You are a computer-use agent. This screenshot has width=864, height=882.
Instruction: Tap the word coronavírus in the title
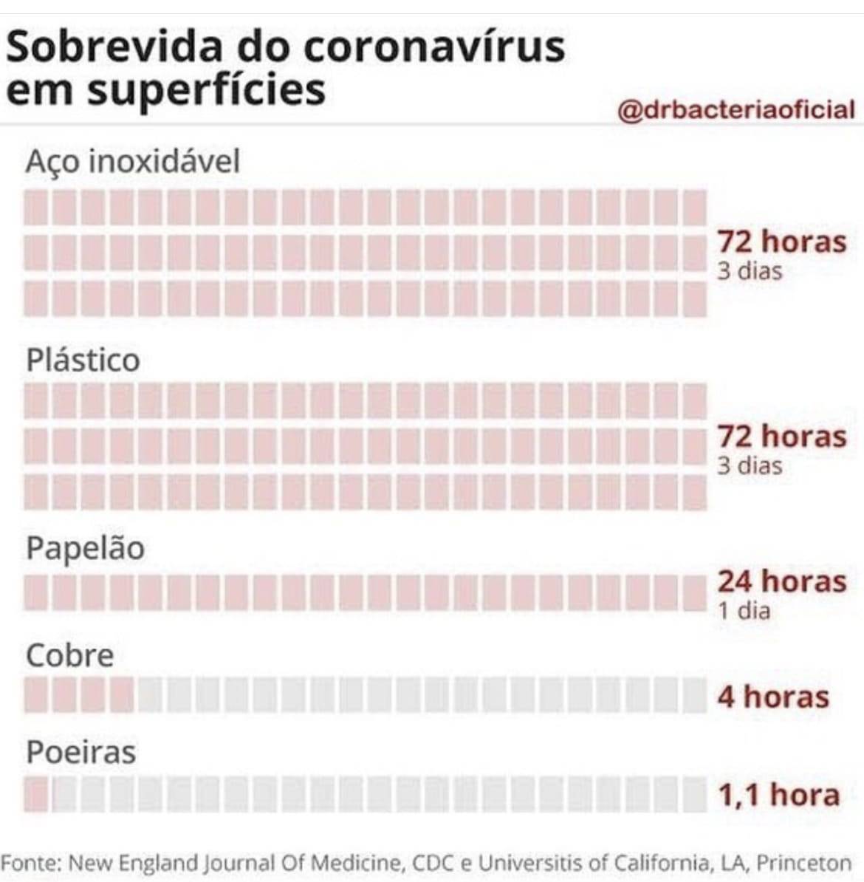[434, 47]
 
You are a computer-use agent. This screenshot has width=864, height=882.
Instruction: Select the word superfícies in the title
[206, 91]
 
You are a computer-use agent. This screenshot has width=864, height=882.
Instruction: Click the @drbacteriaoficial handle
[736, 110]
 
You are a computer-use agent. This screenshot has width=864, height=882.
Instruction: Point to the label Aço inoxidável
[133, 161]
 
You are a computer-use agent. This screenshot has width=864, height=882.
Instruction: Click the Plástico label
[83, 360]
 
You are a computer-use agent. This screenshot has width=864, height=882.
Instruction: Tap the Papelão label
[85, 549]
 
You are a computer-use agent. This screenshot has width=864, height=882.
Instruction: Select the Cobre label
[69, 655]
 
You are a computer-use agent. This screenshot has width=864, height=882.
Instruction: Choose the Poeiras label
[81, 753]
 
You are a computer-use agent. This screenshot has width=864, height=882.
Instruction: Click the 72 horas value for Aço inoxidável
[781, 242]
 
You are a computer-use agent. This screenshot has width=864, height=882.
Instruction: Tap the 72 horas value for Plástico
[781, 437]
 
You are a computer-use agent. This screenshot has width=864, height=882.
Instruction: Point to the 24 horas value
[781, 581]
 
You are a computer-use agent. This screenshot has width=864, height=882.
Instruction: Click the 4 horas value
[773, 697]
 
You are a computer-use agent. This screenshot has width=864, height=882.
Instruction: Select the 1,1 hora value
[778, 795]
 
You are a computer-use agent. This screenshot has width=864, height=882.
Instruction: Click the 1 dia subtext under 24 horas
[744, 611]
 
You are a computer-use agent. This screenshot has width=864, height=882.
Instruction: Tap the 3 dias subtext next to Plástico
[749, 466]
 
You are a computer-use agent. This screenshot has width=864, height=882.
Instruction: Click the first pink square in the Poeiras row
[36, 795]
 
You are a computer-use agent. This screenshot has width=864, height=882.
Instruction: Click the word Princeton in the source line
[804, 863]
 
